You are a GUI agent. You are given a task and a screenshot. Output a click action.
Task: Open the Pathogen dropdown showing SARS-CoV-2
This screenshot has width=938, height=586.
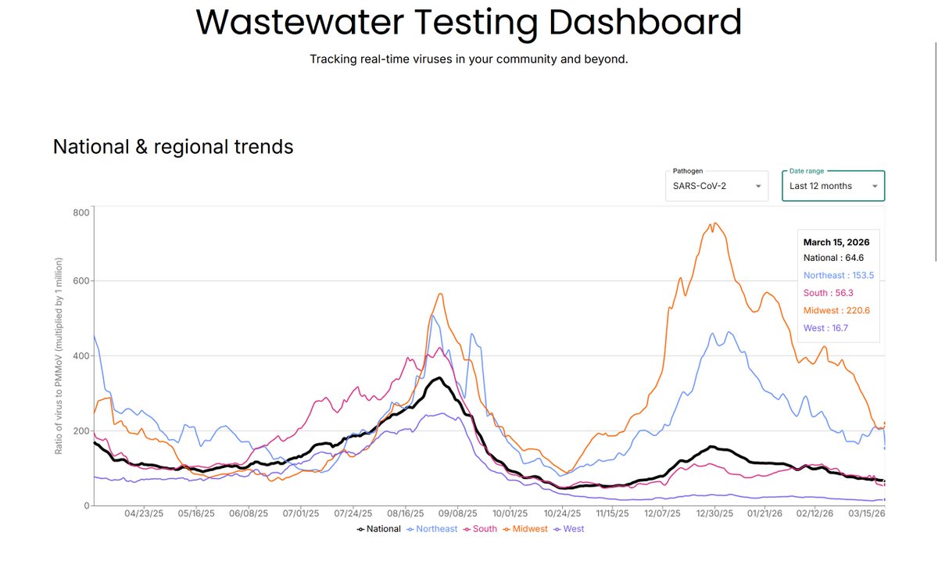[x=717, y=186]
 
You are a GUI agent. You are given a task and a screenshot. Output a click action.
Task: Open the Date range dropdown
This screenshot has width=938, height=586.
[x=833, y=186]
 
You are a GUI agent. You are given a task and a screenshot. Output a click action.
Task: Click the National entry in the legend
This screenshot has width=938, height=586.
[x=378, y=529]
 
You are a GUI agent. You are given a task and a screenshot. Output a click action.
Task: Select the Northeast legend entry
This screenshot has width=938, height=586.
[x=431, y=529]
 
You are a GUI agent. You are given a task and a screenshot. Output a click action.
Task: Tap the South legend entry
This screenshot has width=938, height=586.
[x=480, y=529]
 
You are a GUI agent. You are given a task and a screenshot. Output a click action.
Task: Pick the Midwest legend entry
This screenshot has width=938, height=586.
[x=525, y=529]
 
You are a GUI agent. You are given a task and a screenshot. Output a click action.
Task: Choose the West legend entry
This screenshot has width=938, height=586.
[x=569, y=529]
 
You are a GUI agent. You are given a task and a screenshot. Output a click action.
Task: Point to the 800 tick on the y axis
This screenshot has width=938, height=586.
[x=81, y=213]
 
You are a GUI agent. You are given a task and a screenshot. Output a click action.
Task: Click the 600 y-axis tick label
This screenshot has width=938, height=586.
[x=81, y=280]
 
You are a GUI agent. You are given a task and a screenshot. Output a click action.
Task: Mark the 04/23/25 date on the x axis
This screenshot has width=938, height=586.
[x=144, y=513]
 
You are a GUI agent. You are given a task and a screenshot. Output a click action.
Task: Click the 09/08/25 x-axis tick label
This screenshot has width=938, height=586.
[x=457, y=513]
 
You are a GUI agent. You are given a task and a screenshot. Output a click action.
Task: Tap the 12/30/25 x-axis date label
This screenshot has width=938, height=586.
[x=714, y=513]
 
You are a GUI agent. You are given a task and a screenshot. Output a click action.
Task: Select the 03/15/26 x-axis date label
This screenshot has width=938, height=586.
[x=866, y=513]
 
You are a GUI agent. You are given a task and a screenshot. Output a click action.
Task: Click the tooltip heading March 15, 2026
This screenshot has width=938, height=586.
[x=836, y=242]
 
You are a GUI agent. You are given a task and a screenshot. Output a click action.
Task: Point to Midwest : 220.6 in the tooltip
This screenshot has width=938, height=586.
[x=836, y=311]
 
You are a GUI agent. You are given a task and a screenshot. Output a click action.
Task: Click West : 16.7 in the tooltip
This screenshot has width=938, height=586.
[x=825, y=328]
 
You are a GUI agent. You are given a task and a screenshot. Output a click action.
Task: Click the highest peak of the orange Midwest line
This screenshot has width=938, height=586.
[x=714, y=223]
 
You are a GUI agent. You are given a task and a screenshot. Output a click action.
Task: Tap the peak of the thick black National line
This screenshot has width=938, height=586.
[x=439, y=378]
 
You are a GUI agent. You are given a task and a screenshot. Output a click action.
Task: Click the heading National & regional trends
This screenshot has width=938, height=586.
[x=173, y=147]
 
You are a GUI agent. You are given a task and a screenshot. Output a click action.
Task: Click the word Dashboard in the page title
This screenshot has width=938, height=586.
[x=645, y=22]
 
